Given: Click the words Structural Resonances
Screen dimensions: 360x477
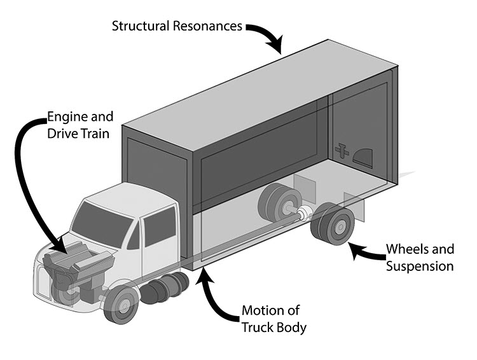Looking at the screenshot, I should click(176, 26).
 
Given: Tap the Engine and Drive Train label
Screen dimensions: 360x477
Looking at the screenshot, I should click(80, 125).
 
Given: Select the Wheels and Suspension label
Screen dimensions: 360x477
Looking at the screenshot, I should click(420, 256).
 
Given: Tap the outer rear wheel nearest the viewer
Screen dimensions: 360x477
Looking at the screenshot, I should click(339, 226).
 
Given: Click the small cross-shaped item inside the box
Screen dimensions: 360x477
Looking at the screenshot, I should click(343, 149).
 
